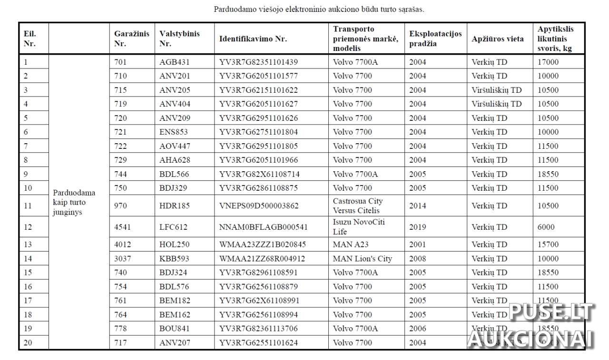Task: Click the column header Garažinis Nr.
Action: pyautogui.click(x=131, y=39)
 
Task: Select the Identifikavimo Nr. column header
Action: pyautogui.click(x=253, y=39)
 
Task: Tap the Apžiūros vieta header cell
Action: pyautogui.click(x=498, y=39)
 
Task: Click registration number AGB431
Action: pyautogui.click(x=175, y=62)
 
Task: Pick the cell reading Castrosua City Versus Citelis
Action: pyautogui.click(x=358, y=206)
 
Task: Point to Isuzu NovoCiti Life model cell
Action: pyautogui.click(x=359, y=227)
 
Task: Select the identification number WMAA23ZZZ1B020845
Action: pyautogui.click(x=262, y=245)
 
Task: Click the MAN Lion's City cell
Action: pyautogui.click(x=363, y=259)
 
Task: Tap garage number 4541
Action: pyautogui.click(x=123, y=227)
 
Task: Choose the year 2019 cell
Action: pyautogui.click(x=418, y=227)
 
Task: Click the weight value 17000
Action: pyautogui.click(x=548, y=62)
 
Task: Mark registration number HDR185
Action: pyautogui.click(x=175, y=206)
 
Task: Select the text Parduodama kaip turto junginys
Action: pyautogui.click(x=74, y=202)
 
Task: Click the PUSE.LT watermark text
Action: pyautogui.click(x=552, y=312)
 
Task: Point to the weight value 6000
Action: pyautogui.click(x=546, y=227)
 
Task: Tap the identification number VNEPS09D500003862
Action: pyautogui.click(x=259, y=206)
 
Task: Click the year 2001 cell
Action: pyautogui.click(x=418, y=245)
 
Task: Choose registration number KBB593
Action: pyautogui.click(x=174, y=259)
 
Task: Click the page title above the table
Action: pyautogui.click(x=319, y=9)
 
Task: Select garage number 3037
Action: pyautogui.click(x=123, y=259)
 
